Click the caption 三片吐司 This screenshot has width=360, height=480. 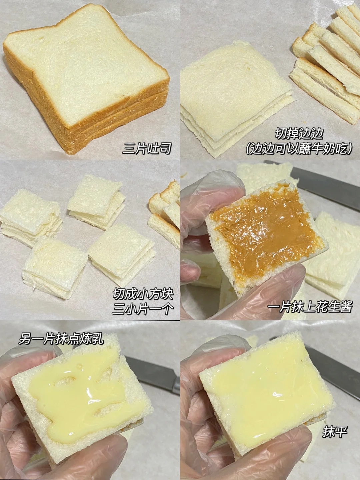(x=146, y=148)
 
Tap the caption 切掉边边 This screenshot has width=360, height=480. (x=299, y=133)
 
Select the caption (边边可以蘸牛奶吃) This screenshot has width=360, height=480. (x=299, y=149)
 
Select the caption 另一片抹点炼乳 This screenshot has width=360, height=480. (x=61, y=339)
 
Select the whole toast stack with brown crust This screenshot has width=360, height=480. (x=86, y=78)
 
